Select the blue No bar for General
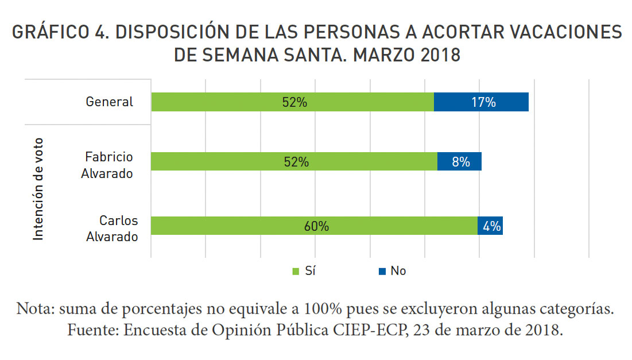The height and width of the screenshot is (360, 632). (x=480, y=102)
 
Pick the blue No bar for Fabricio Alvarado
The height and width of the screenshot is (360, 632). (x=459, y=162)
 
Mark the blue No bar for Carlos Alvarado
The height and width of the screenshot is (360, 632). (x=490, y=226)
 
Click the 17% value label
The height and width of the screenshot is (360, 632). (x=483, y=102)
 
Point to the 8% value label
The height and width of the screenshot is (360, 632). (x=460, y=162)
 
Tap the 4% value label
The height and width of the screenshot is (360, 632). (x=491, y=226)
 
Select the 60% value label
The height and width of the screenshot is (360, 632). (x=316, y=226)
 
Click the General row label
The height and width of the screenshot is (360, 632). (x=109, y=102)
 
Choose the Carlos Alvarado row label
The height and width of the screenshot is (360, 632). (x=112, y=228)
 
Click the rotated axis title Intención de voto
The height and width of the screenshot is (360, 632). (x=38, y=189)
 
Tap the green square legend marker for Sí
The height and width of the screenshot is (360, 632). (x=296, y=271)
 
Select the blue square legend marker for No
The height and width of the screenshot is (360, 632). (x=381, y=271)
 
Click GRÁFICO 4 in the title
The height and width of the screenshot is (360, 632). (x=57, y=33)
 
